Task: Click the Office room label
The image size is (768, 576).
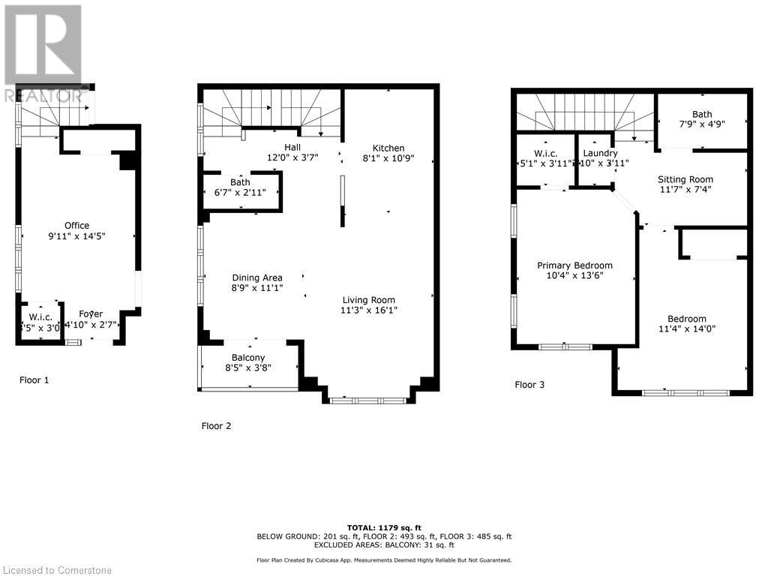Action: tap(76, 225)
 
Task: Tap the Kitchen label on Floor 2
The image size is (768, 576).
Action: tap(388, 148)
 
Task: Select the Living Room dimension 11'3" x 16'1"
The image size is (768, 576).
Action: tap(367, 310)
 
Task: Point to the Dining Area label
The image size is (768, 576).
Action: tap(256, 277)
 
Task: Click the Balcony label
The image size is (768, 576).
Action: tap(247, 357)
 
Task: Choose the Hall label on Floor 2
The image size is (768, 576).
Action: tap(292, 147)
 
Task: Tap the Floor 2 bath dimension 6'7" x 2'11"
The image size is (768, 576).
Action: tap(240, 193)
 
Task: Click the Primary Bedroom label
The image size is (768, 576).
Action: tap(574, 265)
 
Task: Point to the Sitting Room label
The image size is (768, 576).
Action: tap(685, 179)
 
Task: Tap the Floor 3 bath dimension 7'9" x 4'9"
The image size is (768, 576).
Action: tap(702, 125)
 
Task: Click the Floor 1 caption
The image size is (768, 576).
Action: tap(34, 380)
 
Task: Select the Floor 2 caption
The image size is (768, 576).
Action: tap(216, 426)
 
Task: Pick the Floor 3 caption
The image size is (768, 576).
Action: tap(529, 385)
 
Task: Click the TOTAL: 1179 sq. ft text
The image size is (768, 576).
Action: tap(383, 527)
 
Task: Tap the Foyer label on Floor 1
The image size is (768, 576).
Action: tap(91, 313)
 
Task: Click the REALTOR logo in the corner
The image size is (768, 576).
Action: tap(43, 52)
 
